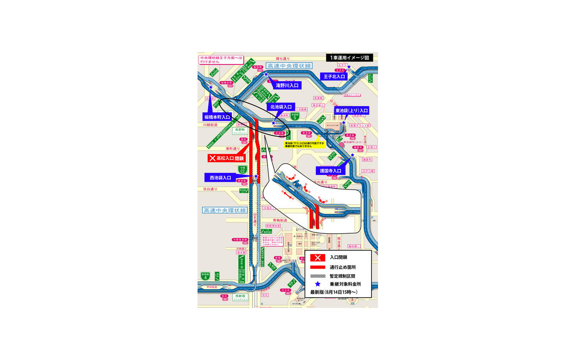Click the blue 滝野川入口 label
286,85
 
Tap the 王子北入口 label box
334,76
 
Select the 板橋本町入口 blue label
217,116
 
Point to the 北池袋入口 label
281,107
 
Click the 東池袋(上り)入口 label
352,110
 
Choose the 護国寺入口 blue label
331,171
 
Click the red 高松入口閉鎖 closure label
225,158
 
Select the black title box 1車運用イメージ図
349,58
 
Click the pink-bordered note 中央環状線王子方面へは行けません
221,60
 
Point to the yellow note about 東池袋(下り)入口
304,145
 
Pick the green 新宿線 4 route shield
206,276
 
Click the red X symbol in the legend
317,257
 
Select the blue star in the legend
317,284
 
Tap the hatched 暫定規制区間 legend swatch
317,276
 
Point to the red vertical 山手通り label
255,219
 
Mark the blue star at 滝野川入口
266,74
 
